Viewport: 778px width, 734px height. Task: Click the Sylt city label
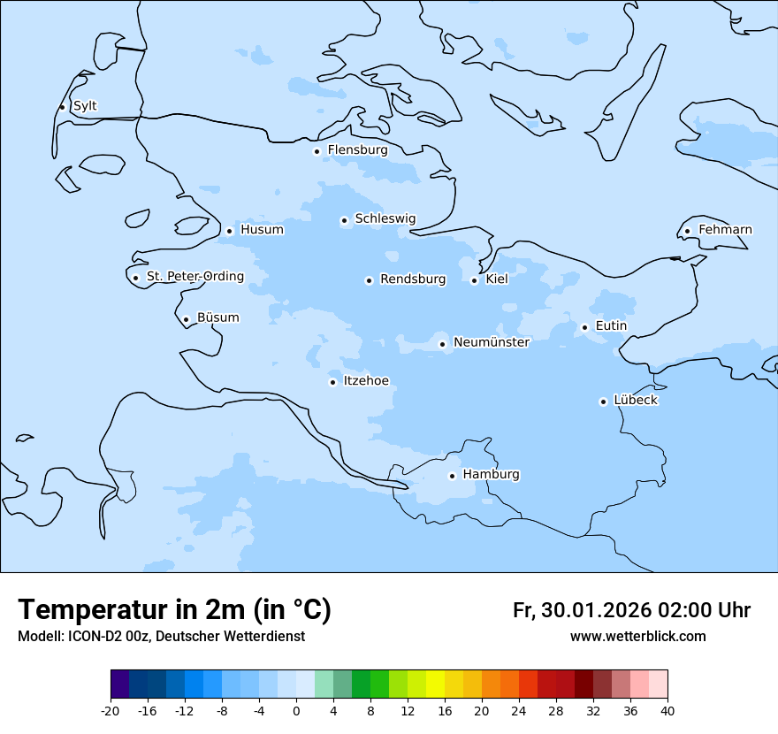(85, 106)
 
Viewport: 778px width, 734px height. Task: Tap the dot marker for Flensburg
(317, 151)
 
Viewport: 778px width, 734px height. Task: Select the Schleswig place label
(385, 218)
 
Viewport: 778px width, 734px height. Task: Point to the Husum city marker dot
(229, 231)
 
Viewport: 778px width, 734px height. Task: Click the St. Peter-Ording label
(194, 276)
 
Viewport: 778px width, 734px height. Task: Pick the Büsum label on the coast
(217, 317)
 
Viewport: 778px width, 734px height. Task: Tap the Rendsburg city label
(413, 279)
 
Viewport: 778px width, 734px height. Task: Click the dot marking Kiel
(474, 280)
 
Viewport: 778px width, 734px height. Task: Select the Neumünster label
(492, 342)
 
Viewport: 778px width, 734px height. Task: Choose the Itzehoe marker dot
(332, 382)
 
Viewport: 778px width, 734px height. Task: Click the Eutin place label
(611, 325)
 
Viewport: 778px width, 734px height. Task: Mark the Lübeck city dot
(603, 401)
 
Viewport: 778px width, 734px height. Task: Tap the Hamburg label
(491, 474)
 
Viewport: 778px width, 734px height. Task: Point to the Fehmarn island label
(725, 230)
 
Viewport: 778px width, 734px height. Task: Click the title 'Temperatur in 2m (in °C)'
(174, 609)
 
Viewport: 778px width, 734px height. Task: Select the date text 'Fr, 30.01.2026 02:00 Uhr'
(631, 610)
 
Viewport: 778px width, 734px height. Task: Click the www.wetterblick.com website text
(637, 636)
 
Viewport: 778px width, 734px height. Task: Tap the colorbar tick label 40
(667, 711)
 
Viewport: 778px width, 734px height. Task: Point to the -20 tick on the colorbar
(111, 711)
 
